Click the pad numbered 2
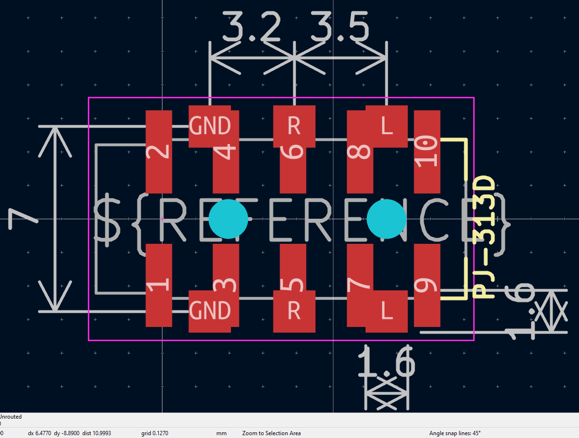pos(159,151)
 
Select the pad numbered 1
pos(159,285)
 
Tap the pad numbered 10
pos(427,152)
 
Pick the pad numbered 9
pos(427,285)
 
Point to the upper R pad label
pos(294,126)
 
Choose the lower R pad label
pos(294,311)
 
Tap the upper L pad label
pos(387,126)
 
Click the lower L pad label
pos(387,311)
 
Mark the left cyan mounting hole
pos(228,219)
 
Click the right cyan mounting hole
pos(386,219)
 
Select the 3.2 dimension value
pos(251,28)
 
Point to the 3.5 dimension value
pos(339,28)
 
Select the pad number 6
pos(293,152)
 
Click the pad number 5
pos(293,285)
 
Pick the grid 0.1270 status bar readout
pos(155,433)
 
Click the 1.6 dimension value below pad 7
pos(386,362)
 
